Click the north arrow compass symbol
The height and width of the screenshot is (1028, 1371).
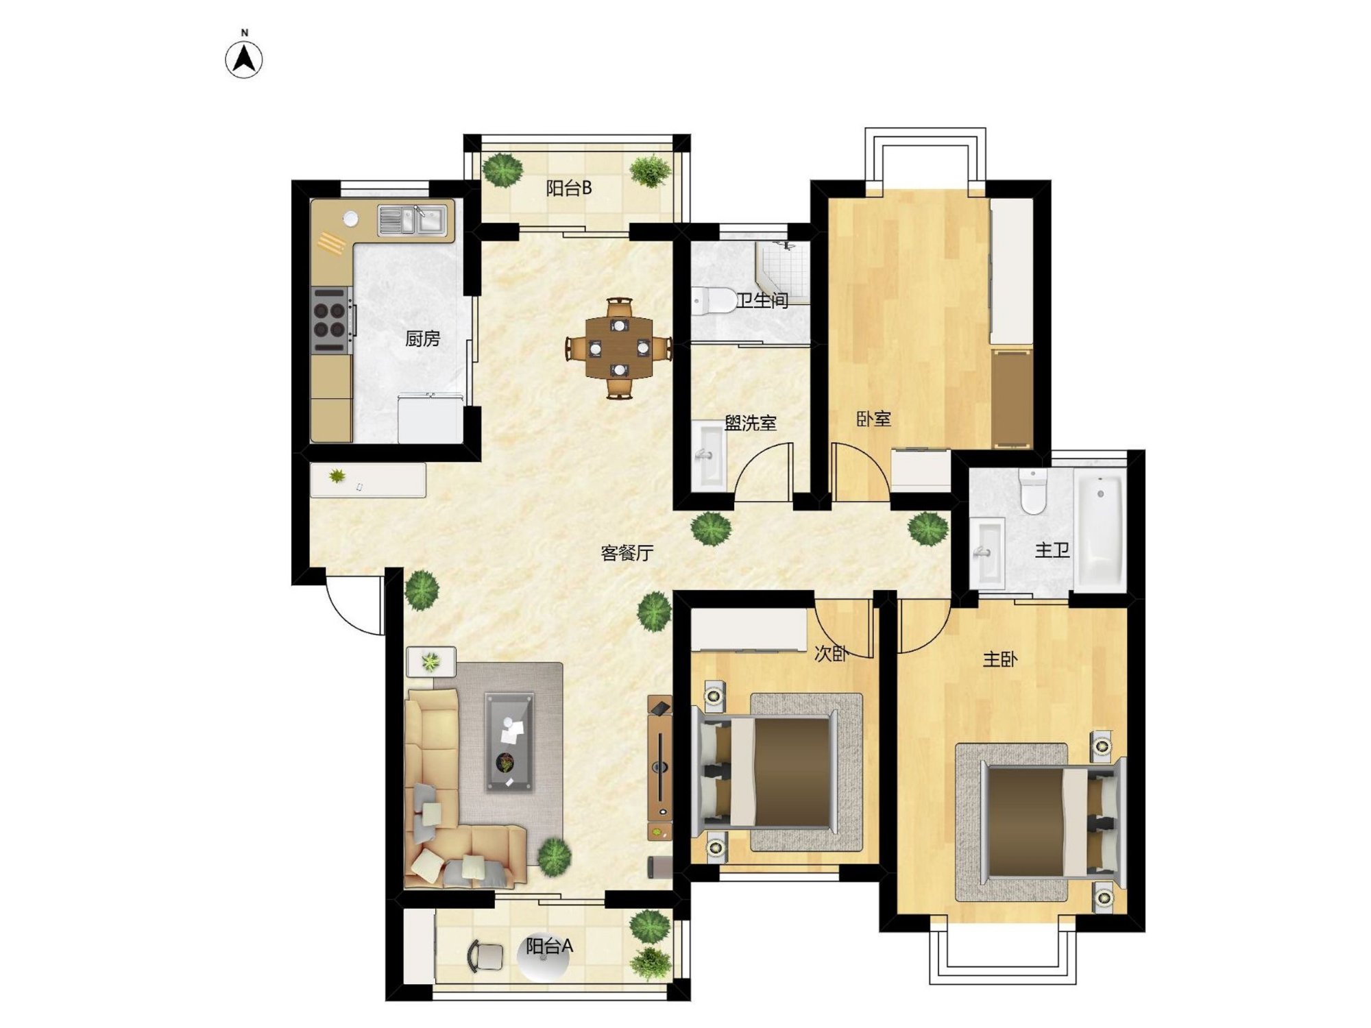pyautogui.click(x=244, y=59)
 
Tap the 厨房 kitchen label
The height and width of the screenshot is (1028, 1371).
pyautogui.click(x=422, y=338)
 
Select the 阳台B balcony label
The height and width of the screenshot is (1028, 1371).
pyautogui.click(x=569, y=188)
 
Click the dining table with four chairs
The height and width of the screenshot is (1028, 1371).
pyautogui.click(x=619, y=347)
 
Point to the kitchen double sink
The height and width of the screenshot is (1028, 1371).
pyautogui.click(x=413, y=221)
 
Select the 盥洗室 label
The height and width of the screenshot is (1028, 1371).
pyautogui.click(x=751, y=423)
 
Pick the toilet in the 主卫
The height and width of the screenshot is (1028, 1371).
pyautogui.click(x=1032, y=491)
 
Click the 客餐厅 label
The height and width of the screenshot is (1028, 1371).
pyautogui.click(x=627, y=552)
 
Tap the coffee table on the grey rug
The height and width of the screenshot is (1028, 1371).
pyautogui.click(x=509, y=742)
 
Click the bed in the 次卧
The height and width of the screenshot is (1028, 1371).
pyautogui.click(x=766, y=772)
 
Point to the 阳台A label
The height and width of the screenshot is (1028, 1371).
pyautogui.click(x=549, y=946)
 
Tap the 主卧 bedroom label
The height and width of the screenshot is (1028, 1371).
pyautogui.click(x=1000, y=659)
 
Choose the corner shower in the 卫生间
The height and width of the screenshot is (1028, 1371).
pyautogui.click(x=783, y=273)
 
